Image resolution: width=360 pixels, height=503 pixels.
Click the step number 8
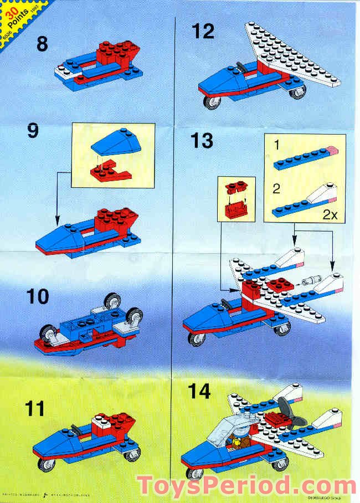[x=42, y=44]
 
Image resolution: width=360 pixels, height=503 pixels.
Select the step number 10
[x=38, y=296]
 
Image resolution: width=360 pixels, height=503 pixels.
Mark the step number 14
[x=200, y=391]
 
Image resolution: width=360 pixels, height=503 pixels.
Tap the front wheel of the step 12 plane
[x=210, y=103]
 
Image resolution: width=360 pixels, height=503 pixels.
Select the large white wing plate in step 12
[x=291, y=55]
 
